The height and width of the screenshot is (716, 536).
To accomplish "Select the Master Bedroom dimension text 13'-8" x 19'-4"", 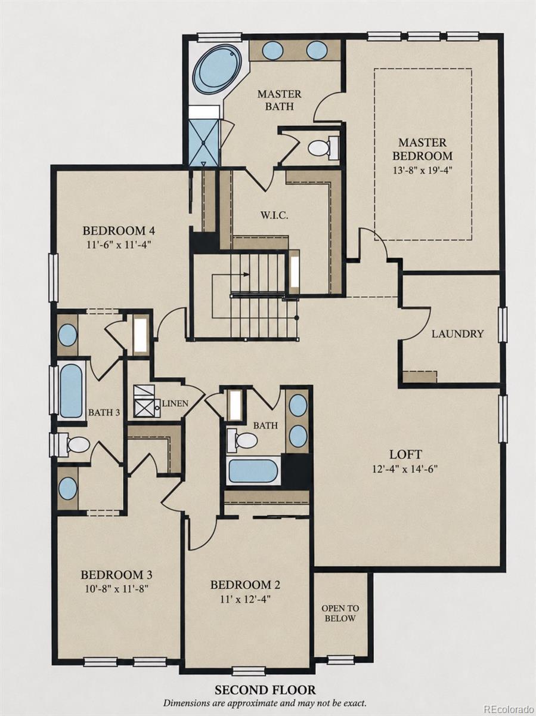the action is pyautogui.click(x=423, y=170).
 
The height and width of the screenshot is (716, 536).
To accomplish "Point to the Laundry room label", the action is pyautogui.click(x=457, y=334).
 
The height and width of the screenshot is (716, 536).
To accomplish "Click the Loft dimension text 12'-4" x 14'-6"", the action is pyautogui.click(x=405, y=469).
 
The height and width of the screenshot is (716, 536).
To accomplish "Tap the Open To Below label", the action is pyautogui.click(x=340, y=613).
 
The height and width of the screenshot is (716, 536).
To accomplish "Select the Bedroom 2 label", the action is pyautogui.click(x=245, y=585).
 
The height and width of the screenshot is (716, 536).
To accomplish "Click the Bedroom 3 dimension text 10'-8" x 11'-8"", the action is pyautogui.click(x=116, y=589).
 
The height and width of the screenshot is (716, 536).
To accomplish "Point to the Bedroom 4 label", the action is pyautogui.click(x=119, y=231).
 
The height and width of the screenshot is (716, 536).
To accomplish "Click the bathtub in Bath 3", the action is pyautogui.click(x=71, y=391).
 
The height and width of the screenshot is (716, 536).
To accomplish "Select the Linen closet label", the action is pyautogui.click(x=175, y=403).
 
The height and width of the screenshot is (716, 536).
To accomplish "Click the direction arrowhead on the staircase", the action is pyautogui.click(x=247, y=274).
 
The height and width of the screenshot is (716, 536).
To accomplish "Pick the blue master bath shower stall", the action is pyautogui.click(x=205, y=143).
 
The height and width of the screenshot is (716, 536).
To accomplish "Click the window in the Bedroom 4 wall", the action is pyautogui.click(x=54, y=278).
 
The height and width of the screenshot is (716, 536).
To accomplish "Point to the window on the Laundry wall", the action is pyautogui.click(x=503, y=325).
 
